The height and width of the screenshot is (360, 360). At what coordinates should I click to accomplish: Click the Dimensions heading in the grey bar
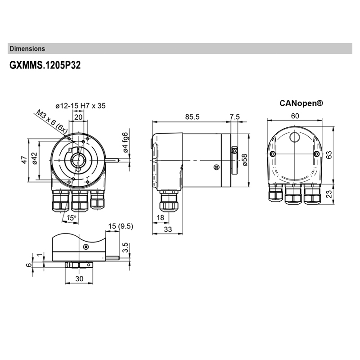[27, 49]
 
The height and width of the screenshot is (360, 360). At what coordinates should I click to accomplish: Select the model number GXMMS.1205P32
[45, 65]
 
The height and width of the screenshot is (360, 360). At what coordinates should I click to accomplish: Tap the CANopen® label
[301, 103]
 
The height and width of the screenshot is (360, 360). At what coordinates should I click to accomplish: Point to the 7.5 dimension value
[235, 117]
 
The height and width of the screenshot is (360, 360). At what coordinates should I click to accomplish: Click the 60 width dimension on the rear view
[295, 116]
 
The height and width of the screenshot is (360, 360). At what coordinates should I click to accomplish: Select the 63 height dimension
[329, 154]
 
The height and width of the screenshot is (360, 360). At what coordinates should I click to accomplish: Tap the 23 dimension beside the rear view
[329, 194]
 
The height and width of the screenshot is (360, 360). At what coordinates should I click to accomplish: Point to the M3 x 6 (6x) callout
[51, 121]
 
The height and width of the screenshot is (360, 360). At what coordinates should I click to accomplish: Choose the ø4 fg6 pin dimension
[126, 142]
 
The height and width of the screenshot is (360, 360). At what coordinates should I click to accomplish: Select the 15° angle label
[71, 218]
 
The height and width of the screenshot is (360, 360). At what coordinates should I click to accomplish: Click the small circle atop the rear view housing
[295, 136]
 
